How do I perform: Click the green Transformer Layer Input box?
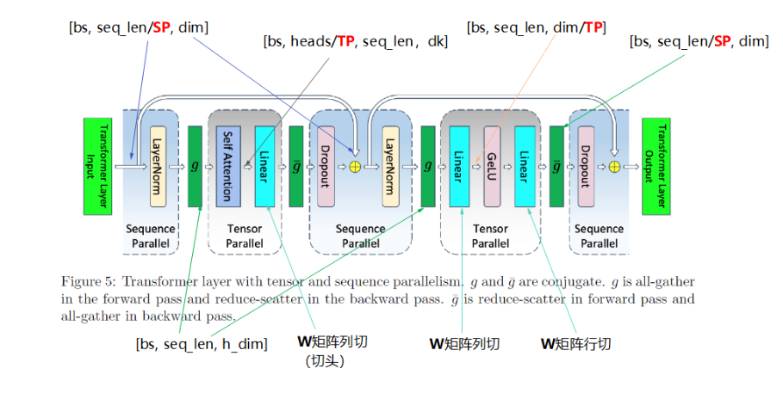click(x=104, y=165)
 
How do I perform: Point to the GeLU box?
click(x=492, y=166)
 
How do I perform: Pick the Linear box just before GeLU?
click(x=458, y=166)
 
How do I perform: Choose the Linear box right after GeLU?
click(x=525, y=166)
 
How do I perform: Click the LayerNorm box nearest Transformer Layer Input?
click(x=158, y=166)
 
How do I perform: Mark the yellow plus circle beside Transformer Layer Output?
click(x=614, y=166)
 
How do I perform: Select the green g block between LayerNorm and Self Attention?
click(x=195, y=166)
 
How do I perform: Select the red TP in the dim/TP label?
click(x=593, y=28)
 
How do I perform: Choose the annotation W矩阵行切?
click(x=575, y=344)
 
